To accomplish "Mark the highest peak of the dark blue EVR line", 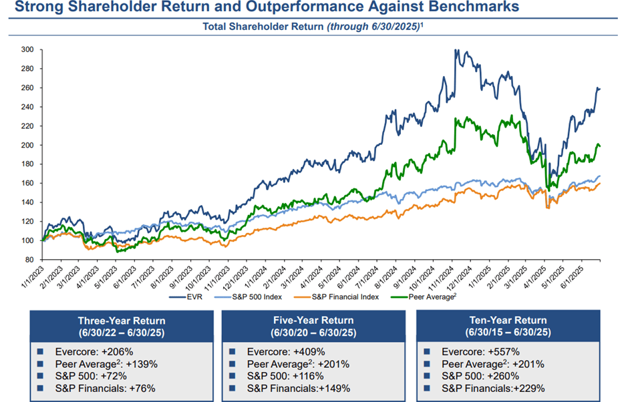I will (455, 50).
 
